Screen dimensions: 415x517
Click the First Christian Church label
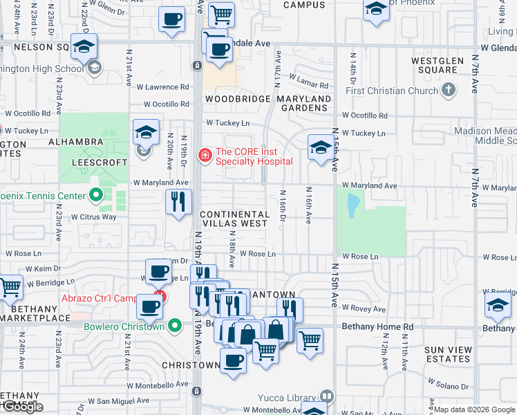[392, 91]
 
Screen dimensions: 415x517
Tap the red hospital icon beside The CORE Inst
[205, 155]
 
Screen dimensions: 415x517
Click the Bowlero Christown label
[124, 326]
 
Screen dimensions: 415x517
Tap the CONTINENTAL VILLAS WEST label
[234, 219]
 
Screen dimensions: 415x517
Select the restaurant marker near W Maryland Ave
[178, 202]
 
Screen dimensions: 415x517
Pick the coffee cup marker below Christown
[233, 361]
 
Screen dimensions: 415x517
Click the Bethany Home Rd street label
[381, 326]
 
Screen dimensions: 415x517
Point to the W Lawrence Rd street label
[162, 87]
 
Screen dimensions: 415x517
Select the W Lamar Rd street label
[308, 84]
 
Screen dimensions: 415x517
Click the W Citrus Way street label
[93, 216]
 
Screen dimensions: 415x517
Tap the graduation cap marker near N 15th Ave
[320, 147]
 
